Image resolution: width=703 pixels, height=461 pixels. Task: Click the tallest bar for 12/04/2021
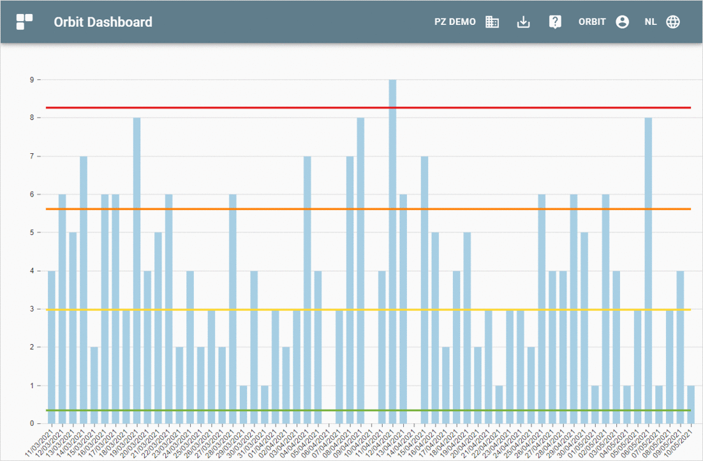coord(392,255)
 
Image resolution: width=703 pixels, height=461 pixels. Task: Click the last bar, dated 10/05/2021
coord(691,405)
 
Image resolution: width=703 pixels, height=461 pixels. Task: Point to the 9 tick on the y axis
coord(31,80)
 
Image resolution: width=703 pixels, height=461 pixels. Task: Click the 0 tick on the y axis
coord(31,424)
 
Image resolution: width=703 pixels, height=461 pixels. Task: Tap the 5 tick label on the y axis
coord(31,233)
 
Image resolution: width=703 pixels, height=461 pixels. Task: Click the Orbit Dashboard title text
coord(103,22)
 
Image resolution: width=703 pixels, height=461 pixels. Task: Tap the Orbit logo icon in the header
coord(24,22)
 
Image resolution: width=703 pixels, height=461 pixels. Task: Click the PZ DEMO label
coord(455,22)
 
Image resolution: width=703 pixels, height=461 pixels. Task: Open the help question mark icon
coord(555,22)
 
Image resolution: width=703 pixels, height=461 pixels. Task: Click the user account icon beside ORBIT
coord(623,22)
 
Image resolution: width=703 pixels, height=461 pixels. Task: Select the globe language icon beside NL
coord(673,22)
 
